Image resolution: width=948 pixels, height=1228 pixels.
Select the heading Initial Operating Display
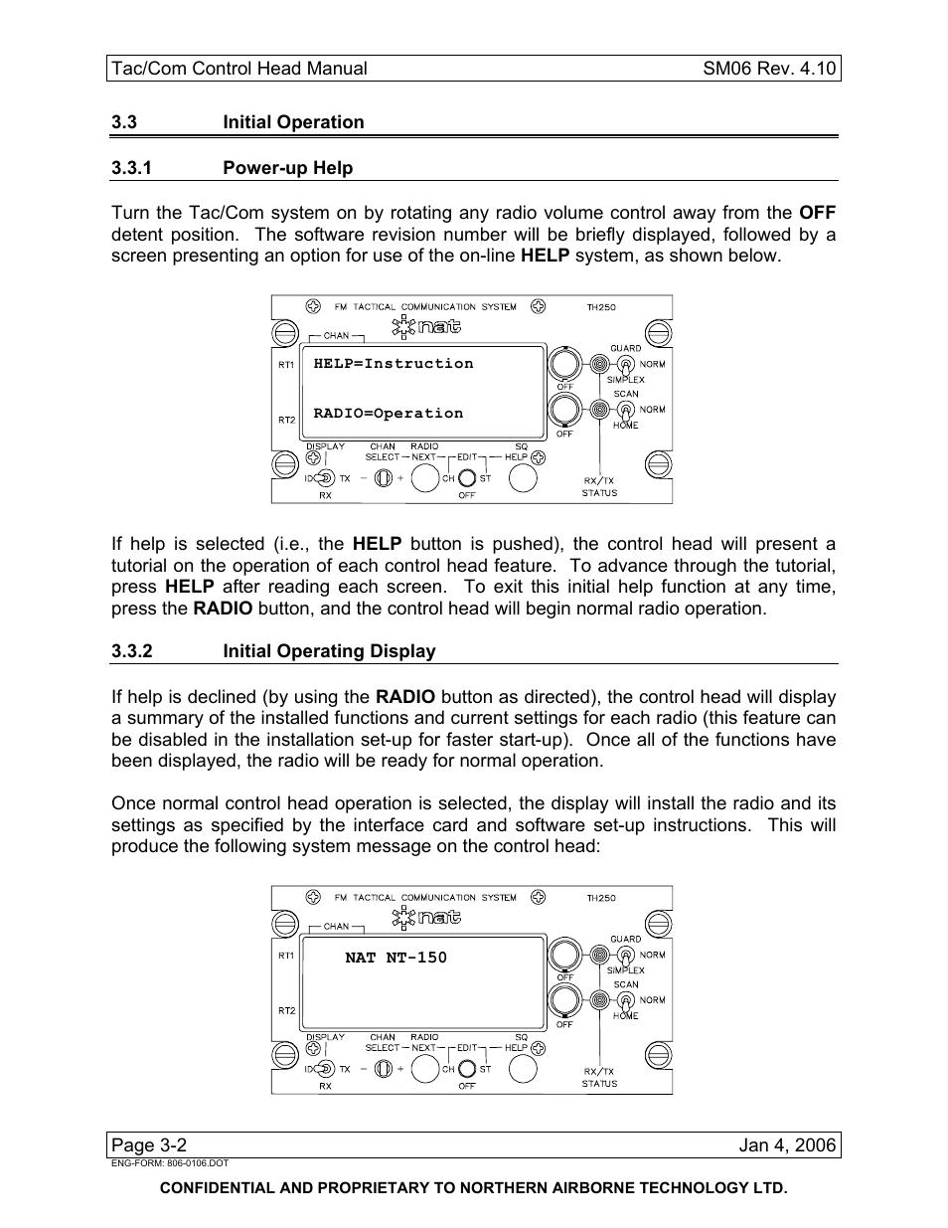point(329,651)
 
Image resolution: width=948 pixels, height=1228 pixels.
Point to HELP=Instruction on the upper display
point(394,364)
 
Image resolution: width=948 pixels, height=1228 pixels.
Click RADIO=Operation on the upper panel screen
point(389,414)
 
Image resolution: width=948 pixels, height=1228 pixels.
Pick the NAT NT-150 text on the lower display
point(395,958)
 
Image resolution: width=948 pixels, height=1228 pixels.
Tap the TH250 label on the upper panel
point(601,307)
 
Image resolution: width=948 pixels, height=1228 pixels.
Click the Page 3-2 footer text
point(149,1145)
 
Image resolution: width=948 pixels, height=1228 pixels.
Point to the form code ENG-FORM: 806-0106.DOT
point(170,1162)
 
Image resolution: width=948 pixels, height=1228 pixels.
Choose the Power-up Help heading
point(287,168)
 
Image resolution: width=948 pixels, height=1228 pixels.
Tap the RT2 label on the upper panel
point(286,420)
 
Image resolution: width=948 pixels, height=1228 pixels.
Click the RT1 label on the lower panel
point(286,956)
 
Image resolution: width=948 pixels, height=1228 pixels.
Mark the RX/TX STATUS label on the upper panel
point(599,486)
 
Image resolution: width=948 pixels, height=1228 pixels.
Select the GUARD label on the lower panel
point(626,939)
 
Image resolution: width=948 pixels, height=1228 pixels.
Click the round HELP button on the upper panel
point(523,478)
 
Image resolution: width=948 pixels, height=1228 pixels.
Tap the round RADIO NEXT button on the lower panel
point(424,1069)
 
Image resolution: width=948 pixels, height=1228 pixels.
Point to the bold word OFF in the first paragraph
point(817,213)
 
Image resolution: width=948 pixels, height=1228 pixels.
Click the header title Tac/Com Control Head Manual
point(239,69)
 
